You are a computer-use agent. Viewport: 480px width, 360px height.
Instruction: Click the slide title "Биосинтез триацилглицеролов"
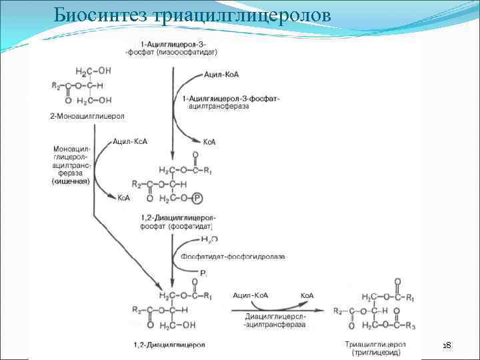pos(191,15)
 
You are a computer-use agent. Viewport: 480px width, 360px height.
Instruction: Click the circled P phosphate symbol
pos(197,198)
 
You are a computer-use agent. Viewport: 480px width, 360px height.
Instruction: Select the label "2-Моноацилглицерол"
pos(87,116)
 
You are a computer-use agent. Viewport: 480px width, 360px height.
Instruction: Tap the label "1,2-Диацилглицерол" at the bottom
pos(173,345)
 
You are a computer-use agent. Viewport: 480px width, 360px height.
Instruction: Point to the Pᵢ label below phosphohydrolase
pos(203,273)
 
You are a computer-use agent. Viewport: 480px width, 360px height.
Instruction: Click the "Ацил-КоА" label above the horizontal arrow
pos(251,295)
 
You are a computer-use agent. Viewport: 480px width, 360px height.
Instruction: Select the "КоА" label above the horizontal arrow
pos(307,295)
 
